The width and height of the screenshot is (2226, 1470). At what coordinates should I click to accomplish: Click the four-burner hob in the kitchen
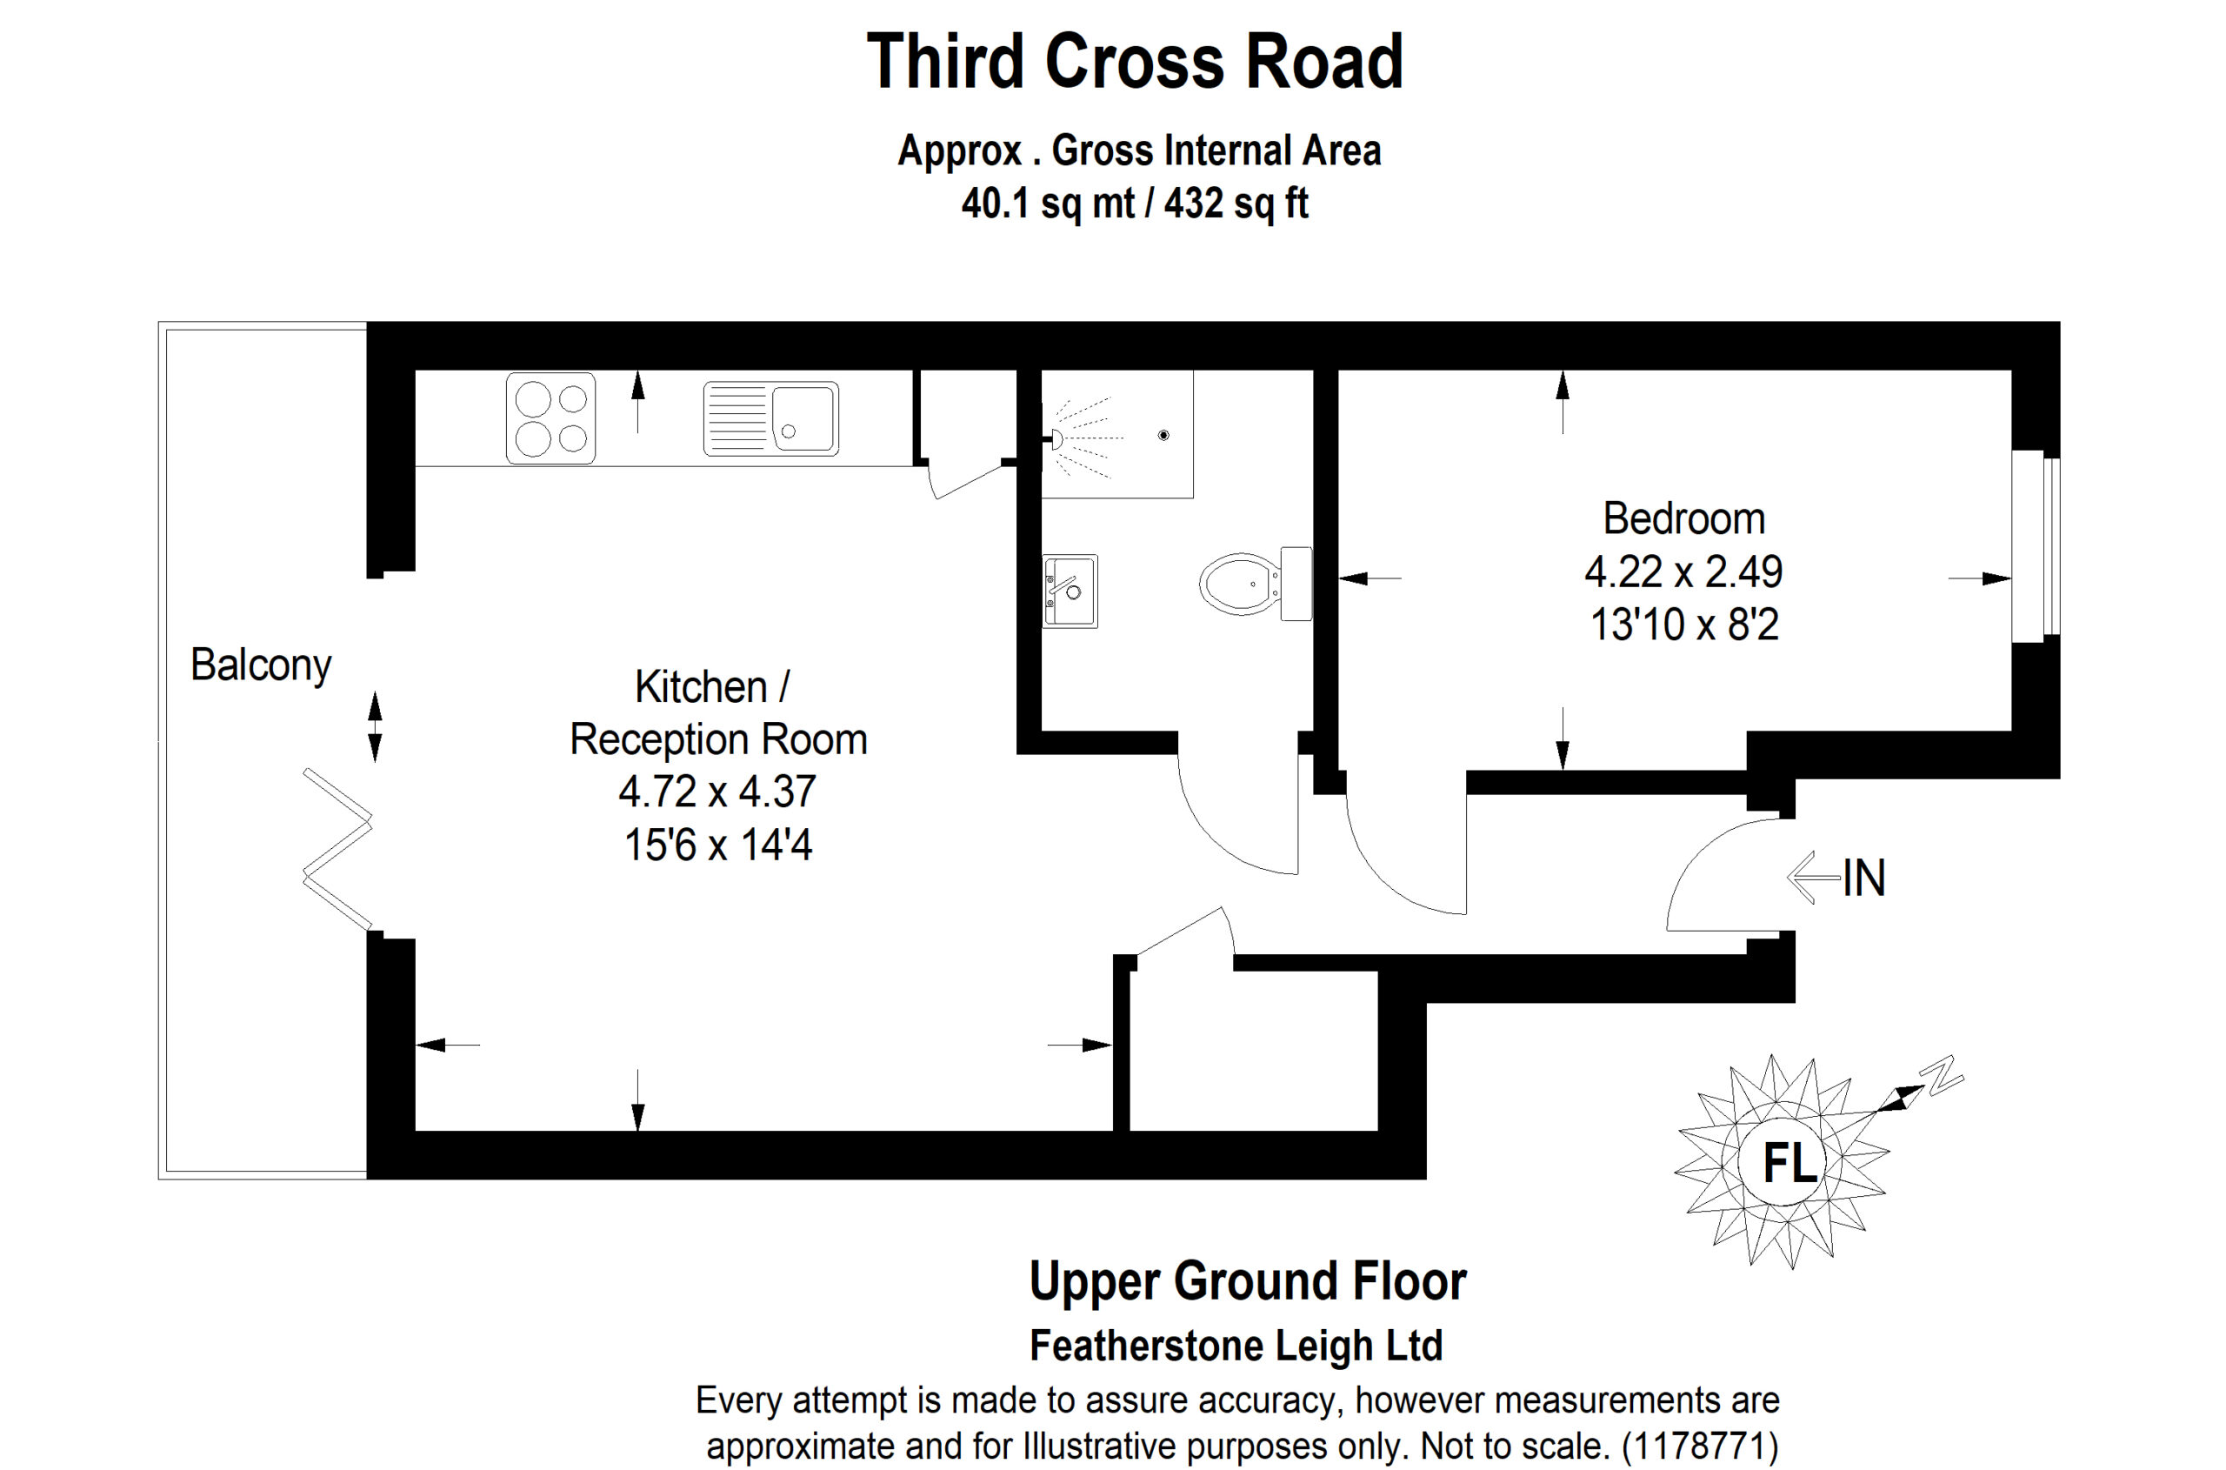coord(550,418)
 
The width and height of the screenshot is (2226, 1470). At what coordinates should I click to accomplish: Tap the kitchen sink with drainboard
coord(770,418)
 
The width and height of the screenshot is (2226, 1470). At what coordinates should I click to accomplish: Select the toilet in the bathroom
coord(1255,583)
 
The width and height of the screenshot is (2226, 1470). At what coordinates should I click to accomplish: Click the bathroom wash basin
coord(1070,591)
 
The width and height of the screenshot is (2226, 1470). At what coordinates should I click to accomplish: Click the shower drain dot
coord(1163,435)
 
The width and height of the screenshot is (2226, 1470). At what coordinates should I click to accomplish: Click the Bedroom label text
coord(1683,518)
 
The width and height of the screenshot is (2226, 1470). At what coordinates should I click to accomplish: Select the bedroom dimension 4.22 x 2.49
coord(1683,571)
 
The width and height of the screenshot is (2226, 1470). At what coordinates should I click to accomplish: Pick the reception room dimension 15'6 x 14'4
coord(718,845)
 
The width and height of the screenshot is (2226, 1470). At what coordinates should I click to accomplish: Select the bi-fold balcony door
coord(337,849)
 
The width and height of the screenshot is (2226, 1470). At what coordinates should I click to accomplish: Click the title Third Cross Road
coord(1134,62)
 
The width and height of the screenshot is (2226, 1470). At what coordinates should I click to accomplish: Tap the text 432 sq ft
coord(1236,204)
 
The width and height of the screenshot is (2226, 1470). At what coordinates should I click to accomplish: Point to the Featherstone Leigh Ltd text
coord(1236,1346)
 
